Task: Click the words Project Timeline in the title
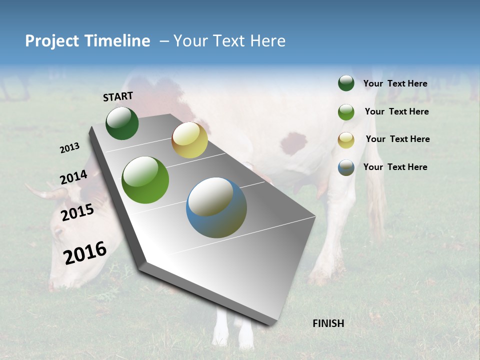coord(87,41)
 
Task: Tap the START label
coord(118,96)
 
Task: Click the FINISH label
coord(328,323)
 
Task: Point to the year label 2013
coord(70,148)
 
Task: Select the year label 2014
coord(74,177)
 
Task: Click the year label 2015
coord(77,212)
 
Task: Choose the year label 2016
coord(85,252)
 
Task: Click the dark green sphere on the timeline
coord(122,123)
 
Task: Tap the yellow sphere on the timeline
coord(189,140)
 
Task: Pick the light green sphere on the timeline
coord(145,180)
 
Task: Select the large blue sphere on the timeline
coord(216,207)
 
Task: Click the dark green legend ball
coord(346,83)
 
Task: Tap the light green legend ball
coord(346,112)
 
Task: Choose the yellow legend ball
coord(346,140)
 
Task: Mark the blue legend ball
coord(346,167)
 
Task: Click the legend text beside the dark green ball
coord(395,83)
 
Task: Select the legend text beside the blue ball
coord(395,167)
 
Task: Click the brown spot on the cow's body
coord(293,143)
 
